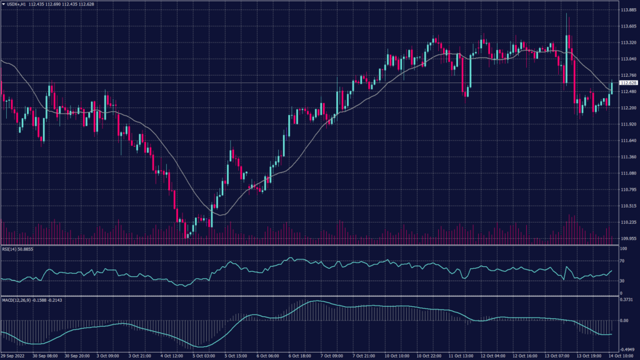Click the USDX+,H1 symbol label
[17, 5]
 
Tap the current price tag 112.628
[627, 82]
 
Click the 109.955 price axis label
[627, 238]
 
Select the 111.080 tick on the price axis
[627, 173]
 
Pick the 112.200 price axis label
[627, 108]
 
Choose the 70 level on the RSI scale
[623, 261]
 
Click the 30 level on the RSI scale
[623, 281]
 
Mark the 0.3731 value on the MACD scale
[626, 299]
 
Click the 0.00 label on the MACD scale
[624, 321]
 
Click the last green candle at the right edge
[611, 84]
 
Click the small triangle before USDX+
[3, 5]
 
